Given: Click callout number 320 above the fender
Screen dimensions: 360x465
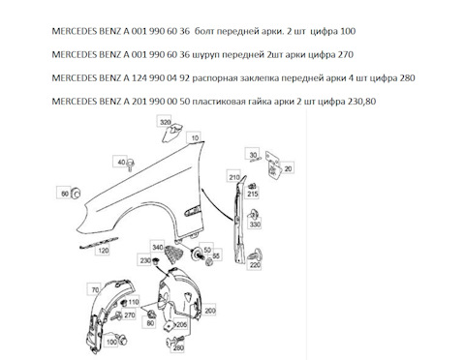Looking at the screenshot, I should pos(165,122).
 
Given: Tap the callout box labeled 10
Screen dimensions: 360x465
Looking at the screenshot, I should pos(195,139).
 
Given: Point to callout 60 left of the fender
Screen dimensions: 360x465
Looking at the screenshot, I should pos(65,195).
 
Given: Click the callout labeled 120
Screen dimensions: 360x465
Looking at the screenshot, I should pos(102,249).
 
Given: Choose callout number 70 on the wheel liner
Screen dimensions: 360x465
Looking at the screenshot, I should pos(94,290).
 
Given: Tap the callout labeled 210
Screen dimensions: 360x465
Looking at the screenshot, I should pos(234,177).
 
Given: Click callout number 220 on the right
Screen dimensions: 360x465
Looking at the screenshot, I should pos(256,264).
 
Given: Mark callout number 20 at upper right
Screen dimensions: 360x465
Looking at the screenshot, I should pos(288,166).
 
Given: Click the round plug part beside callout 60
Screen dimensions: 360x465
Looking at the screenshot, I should pos(77,195).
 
